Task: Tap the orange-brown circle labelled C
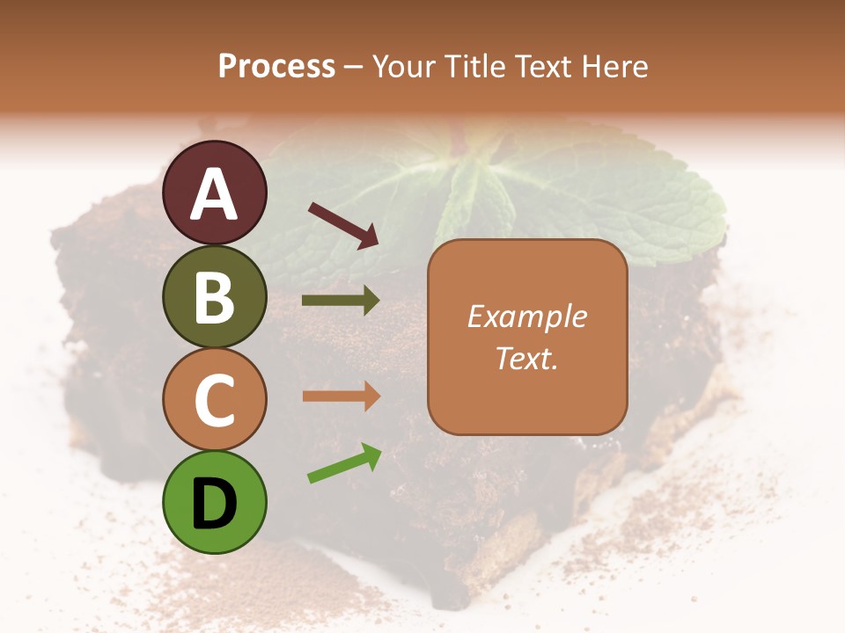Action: click(214, 398)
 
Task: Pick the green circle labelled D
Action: click(214, 501)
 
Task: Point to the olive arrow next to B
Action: click(341, 301)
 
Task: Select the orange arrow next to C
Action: click(341, 397)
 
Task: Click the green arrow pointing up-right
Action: click(344, 464)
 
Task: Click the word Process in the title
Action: click(276, 67)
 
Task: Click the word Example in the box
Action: click(526, 316)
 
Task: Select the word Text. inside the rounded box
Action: click(526, 358)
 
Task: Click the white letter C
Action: click(214, 400)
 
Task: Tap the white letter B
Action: click(214, 297)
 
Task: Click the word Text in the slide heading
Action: click(542, 67)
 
